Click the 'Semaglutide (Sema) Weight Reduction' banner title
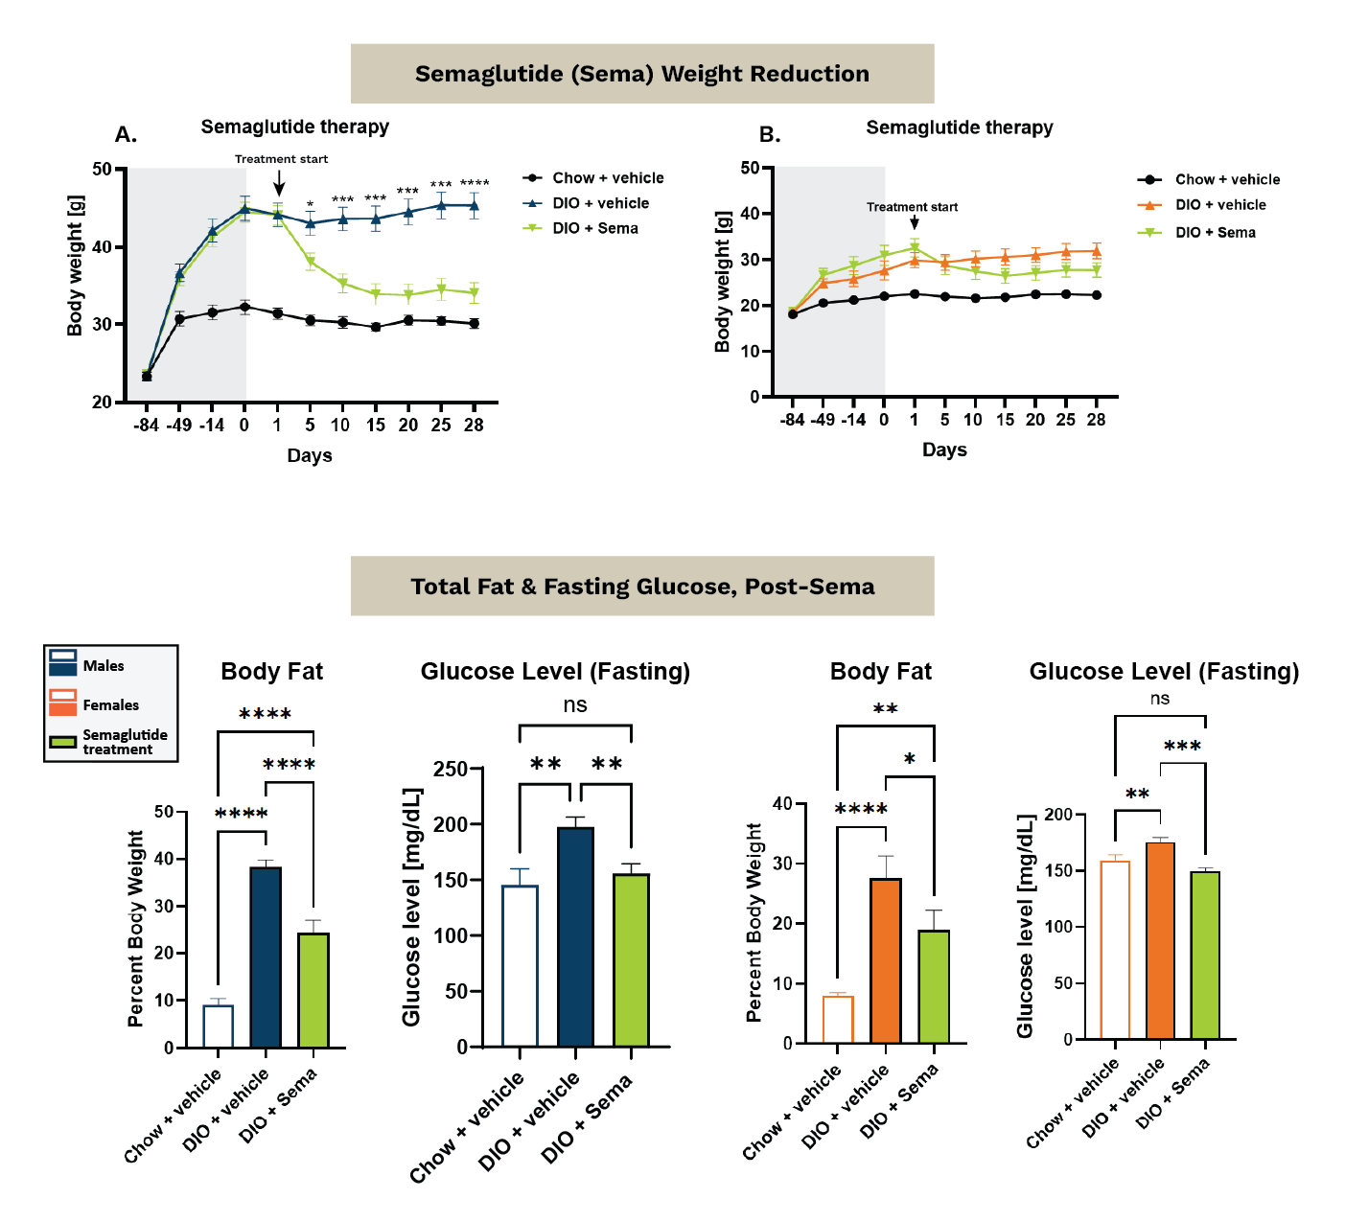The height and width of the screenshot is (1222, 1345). [x=641, y=74]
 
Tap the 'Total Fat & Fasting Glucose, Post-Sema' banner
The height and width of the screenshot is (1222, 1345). [x=641, y=587]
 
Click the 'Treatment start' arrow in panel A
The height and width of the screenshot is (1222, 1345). [x=279, y=182]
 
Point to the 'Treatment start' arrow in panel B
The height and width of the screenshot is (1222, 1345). [x=915, y=221]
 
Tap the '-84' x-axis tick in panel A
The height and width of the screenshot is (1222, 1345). [x=146, y=426]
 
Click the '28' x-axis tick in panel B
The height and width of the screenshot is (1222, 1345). [x=1096, y=420]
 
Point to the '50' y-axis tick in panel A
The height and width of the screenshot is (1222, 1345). [x=102, y=170]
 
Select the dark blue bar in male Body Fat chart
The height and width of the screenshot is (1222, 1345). [x=266, y=957]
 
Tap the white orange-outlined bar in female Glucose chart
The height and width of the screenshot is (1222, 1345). [x=1115, y=950]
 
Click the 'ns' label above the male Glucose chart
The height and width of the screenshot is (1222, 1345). [x=575, y=705]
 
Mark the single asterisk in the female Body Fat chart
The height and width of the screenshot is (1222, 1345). [x=909, y=759]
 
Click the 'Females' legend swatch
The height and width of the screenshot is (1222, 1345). [x=63, y=703]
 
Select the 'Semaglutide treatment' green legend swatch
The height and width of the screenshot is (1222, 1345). [x=63, y=742]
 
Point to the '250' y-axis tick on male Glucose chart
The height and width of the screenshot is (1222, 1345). [x=450, y=770]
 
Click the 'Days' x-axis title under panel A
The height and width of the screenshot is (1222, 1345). [x=310, y=455]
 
